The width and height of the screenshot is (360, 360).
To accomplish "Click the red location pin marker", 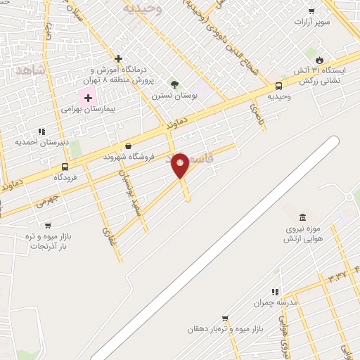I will (x=180, y=165).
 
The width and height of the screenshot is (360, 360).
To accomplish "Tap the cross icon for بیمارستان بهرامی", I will (x=88, y=98).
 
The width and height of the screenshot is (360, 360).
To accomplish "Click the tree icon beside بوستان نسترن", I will (x=174, y=84).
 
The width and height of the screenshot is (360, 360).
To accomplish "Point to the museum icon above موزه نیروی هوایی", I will (x=302, y=217).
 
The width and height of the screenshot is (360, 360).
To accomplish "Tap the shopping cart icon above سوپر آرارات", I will (x=311, y=11).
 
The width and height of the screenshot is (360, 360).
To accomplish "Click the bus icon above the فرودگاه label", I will (x=65, y=167).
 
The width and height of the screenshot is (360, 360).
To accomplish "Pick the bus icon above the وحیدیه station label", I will (x=279, y=86).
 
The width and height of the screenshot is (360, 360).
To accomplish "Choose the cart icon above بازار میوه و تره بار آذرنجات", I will (x=48, y=226).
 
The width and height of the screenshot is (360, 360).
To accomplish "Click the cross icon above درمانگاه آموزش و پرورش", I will (x=118, y=58).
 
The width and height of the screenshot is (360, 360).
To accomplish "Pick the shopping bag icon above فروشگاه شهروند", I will (x=127, y=146).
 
